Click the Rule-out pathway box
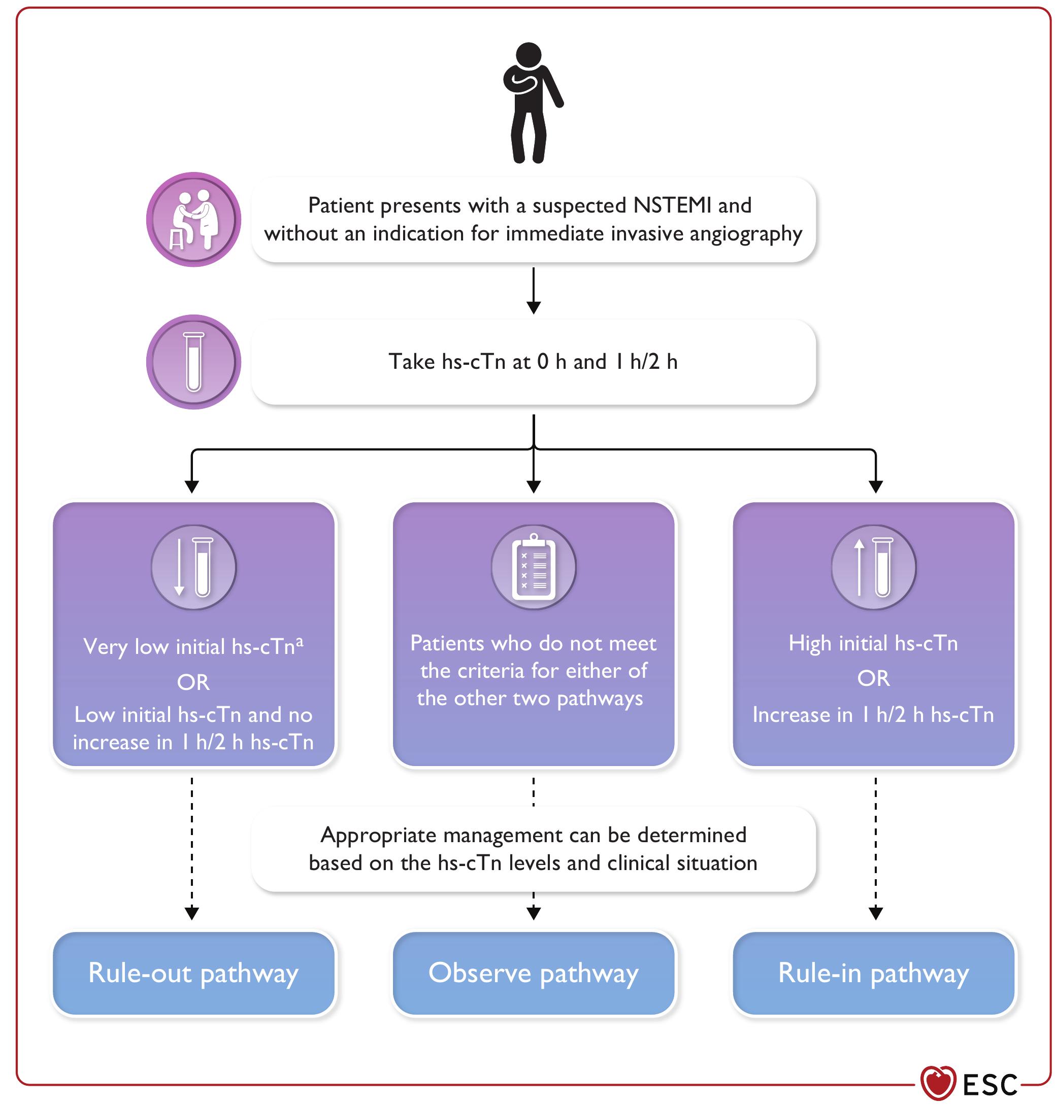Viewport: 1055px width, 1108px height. pyautogui.click(x=193, y=973)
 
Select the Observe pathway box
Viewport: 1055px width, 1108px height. pyautogui.click(x=533, y=973)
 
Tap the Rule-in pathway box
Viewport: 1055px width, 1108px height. pyautogui.click(x=873, y=973)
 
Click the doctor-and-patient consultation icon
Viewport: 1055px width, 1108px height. pyautogui.click(x=193, y=220)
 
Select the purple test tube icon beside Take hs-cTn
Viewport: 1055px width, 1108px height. pyautogui.click(x=193, y=362)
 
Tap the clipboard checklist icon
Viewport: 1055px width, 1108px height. pyautogui.click(x=533, y=568)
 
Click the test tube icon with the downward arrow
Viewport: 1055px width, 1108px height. pyautogui.click(x=193, y=568)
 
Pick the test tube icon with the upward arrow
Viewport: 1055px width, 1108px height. pyautogui.click(x=873, y=568)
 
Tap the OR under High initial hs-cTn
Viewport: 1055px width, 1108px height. pyautogui.click(x=873, y=679)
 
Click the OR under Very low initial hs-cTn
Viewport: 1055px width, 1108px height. pyautogui.click(x=193, y=682)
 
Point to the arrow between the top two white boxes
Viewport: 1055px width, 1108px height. pyautogui.click(x=533, y=291)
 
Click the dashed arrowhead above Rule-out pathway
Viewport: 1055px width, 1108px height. pyautogui.click(x=192, y=913)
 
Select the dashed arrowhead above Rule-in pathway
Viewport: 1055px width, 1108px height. pyautogui.click(x=876, y=913)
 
